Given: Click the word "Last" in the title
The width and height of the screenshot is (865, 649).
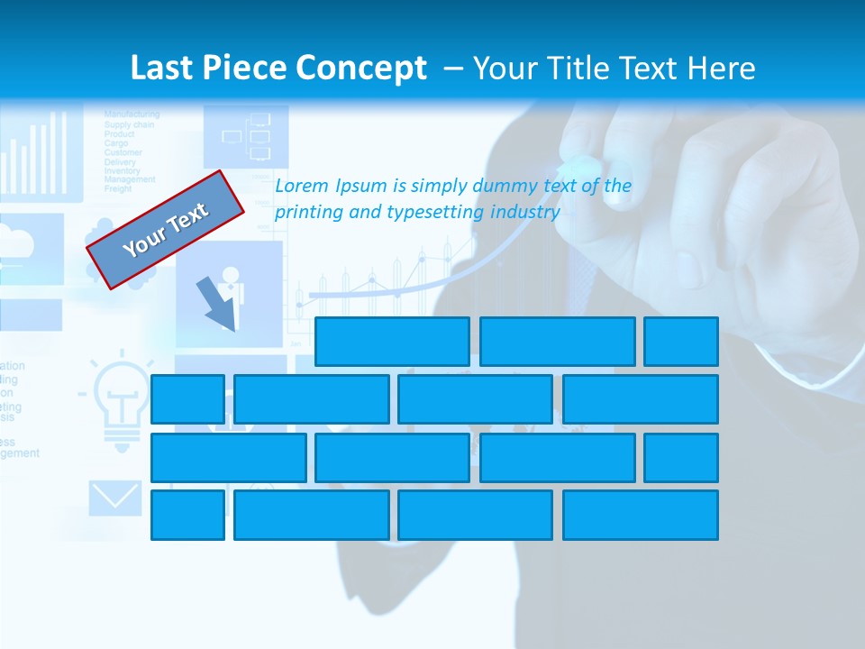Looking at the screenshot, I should [x=164, y=69].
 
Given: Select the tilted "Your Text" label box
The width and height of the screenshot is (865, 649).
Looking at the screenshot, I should [x=166, y=229].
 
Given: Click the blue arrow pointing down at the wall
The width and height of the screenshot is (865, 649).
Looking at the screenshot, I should [x=217, y=304].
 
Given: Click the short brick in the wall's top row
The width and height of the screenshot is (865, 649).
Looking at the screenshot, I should [x=681, y=342].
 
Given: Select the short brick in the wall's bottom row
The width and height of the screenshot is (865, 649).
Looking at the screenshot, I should [x=187, y=515].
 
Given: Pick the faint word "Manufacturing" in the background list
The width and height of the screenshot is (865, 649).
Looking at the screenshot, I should [x=132, y=114].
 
